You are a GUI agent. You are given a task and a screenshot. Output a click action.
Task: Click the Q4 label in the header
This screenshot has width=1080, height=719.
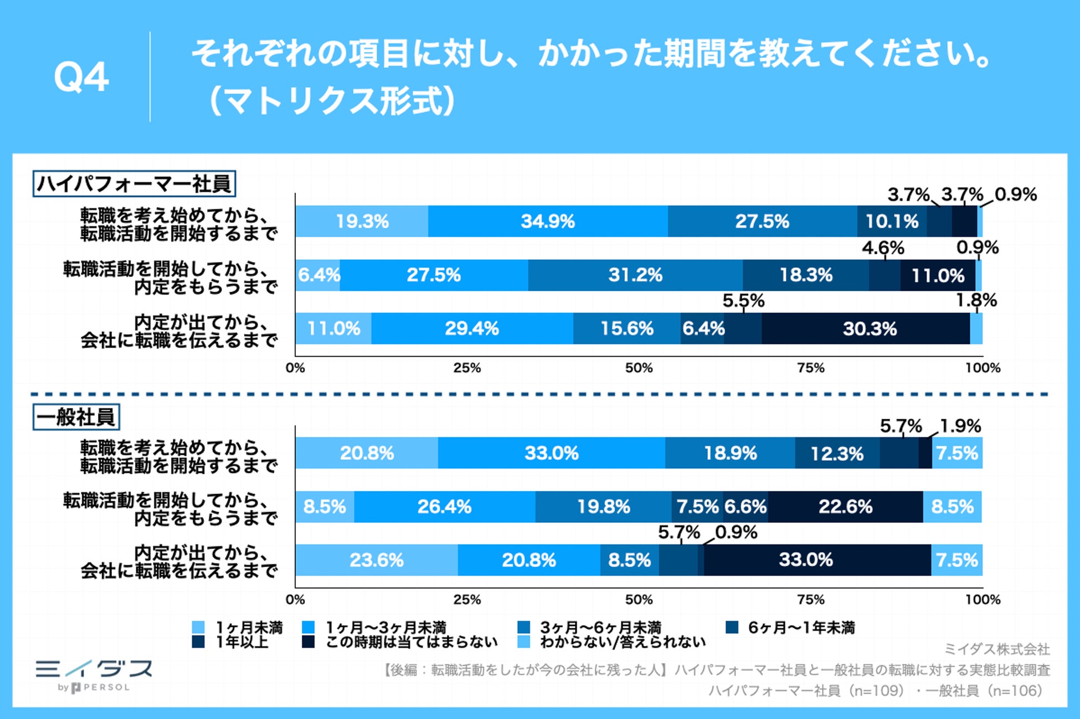coord(81,78)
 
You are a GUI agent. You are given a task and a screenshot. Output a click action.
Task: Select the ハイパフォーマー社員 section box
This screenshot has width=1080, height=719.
coord(134,184)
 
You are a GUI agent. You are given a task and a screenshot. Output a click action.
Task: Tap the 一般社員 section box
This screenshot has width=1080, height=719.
coord(76,417)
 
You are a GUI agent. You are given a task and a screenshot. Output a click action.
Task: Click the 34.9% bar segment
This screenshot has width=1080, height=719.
coord(548,222)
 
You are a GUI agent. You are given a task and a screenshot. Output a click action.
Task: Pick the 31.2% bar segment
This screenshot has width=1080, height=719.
coord(635,275)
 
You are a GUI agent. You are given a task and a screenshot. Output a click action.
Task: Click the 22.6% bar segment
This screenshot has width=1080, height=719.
coord(845,507)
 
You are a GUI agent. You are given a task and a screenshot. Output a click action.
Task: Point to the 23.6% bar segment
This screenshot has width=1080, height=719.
coord(377,560)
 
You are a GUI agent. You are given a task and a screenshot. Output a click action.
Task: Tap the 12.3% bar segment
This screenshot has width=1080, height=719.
coord(837,454)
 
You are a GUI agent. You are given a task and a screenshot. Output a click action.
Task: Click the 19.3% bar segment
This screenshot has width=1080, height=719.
coord(362,222)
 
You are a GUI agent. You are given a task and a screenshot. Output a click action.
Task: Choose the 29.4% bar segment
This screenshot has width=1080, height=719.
coord(472,329)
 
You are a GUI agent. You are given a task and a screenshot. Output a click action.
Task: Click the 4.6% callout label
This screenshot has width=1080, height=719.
coord(882,248)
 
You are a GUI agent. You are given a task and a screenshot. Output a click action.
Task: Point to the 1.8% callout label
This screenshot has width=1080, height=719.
coord(976,301)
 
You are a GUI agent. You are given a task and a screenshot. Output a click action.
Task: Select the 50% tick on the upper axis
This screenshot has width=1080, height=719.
coord(639,368)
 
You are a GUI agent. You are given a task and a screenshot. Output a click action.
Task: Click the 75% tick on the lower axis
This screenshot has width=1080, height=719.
coord(810,600)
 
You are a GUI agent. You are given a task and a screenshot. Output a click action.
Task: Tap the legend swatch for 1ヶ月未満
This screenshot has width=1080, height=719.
coord(198,628)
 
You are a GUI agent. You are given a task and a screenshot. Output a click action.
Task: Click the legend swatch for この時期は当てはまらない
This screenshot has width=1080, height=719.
coord(308,642)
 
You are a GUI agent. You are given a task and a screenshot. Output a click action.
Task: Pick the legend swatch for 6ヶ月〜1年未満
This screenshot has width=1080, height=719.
coord(732,628)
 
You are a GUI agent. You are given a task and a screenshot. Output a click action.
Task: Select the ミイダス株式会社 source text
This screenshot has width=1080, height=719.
coord(996,649)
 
